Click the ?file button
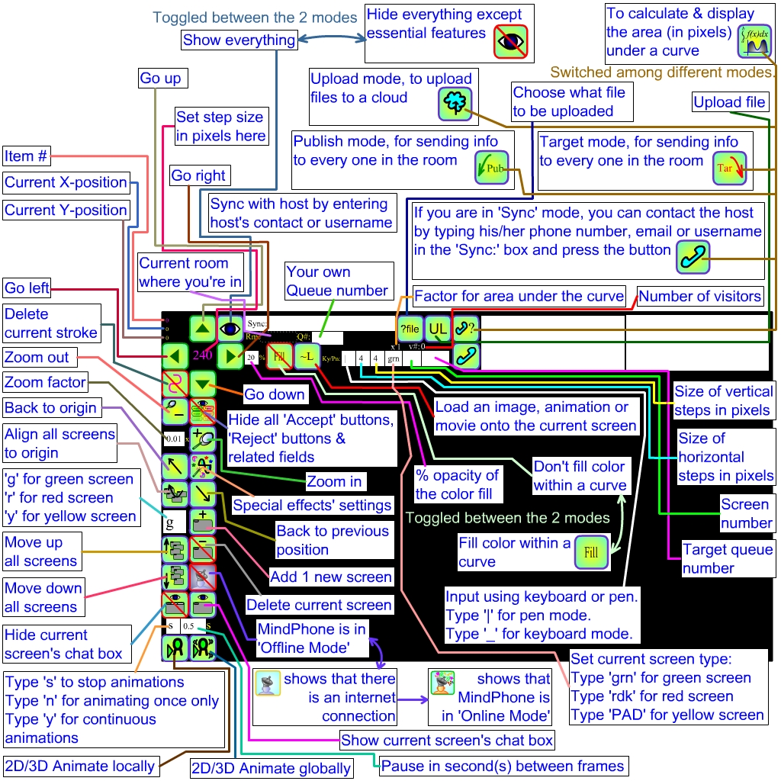(410, 329)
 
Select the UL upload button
(437, 329)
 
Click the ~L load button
(307, 356)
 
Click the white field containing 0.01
(174, 439)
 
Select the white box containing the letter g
(174, 524)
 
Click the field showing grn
(394, 357)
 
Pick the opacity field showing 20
(251, 356)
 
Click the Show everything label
(239, 40)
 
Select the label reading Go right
(198, 175)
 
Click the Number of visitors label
(700, 296)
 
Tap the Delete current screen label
(319, 605)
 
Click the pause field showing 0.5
(189, 626)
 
